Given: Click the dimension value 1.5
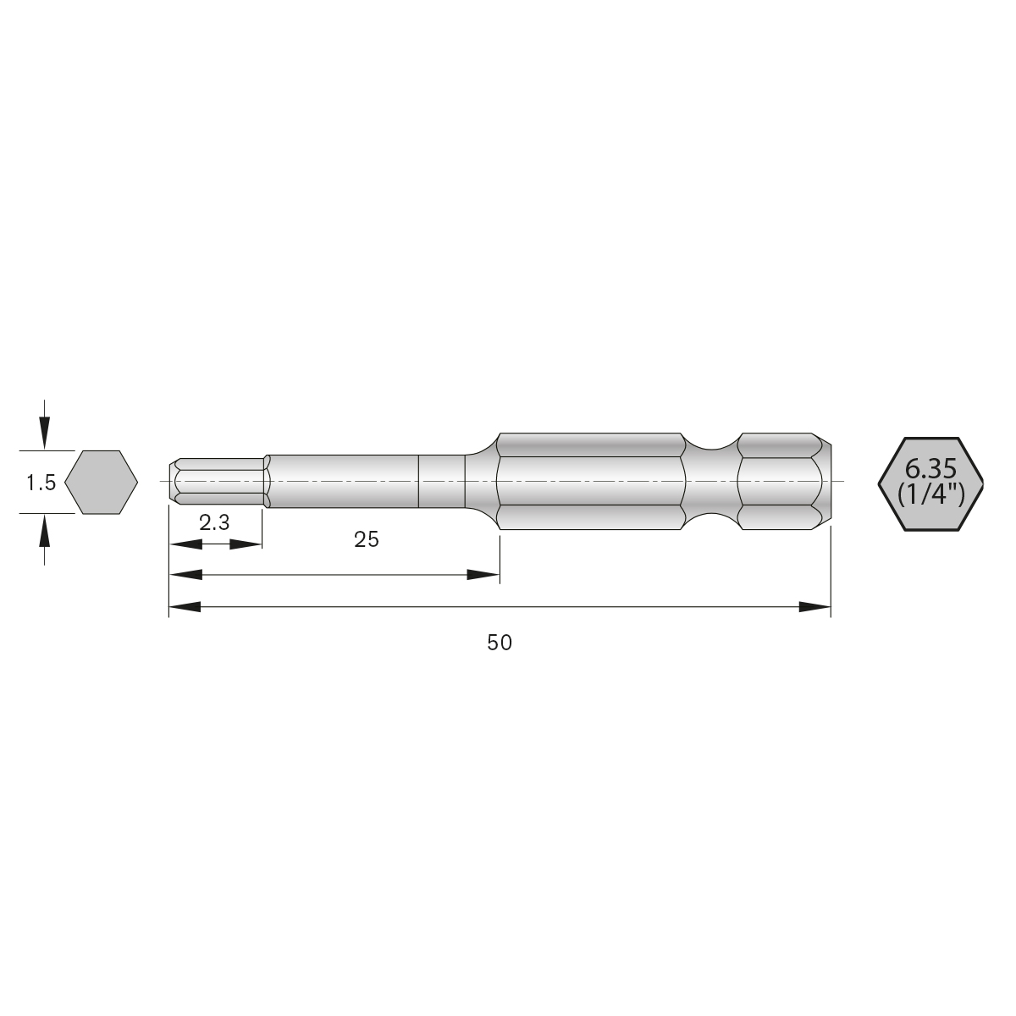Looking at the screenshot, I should coord(41,483).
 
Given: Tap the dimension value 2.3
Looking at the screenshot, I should coord(214,523).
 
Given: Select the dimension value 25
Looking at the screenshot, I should coord(367,539).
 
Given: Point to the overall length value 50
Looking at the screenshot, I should coord(500,643).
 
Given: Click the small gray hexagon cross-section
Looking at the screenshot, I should coord(102,482).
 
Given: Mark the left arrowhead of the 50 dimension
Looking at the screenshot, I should coord(185,606).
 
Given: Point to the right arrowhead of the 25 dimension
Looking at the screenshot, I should coord(484,575).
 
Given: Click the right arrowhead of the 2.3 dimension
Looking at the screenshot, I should coord(246,544).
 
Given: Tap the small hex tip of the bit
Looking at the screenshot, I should coord(216,483).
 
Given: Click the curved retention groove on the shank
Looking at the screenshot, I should coord(711,483).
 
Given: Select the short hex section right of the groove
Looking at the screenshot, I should coord(781,483).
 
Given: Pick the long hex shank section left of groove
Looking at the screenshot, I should coord(590,483).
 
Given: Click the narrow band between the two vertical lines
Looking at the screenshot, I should coord(443,483).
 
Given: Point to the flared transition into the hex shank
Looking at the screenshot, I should coord(483,483).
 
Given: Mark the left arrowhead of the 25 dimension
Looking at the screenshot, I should coord(185,575).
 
